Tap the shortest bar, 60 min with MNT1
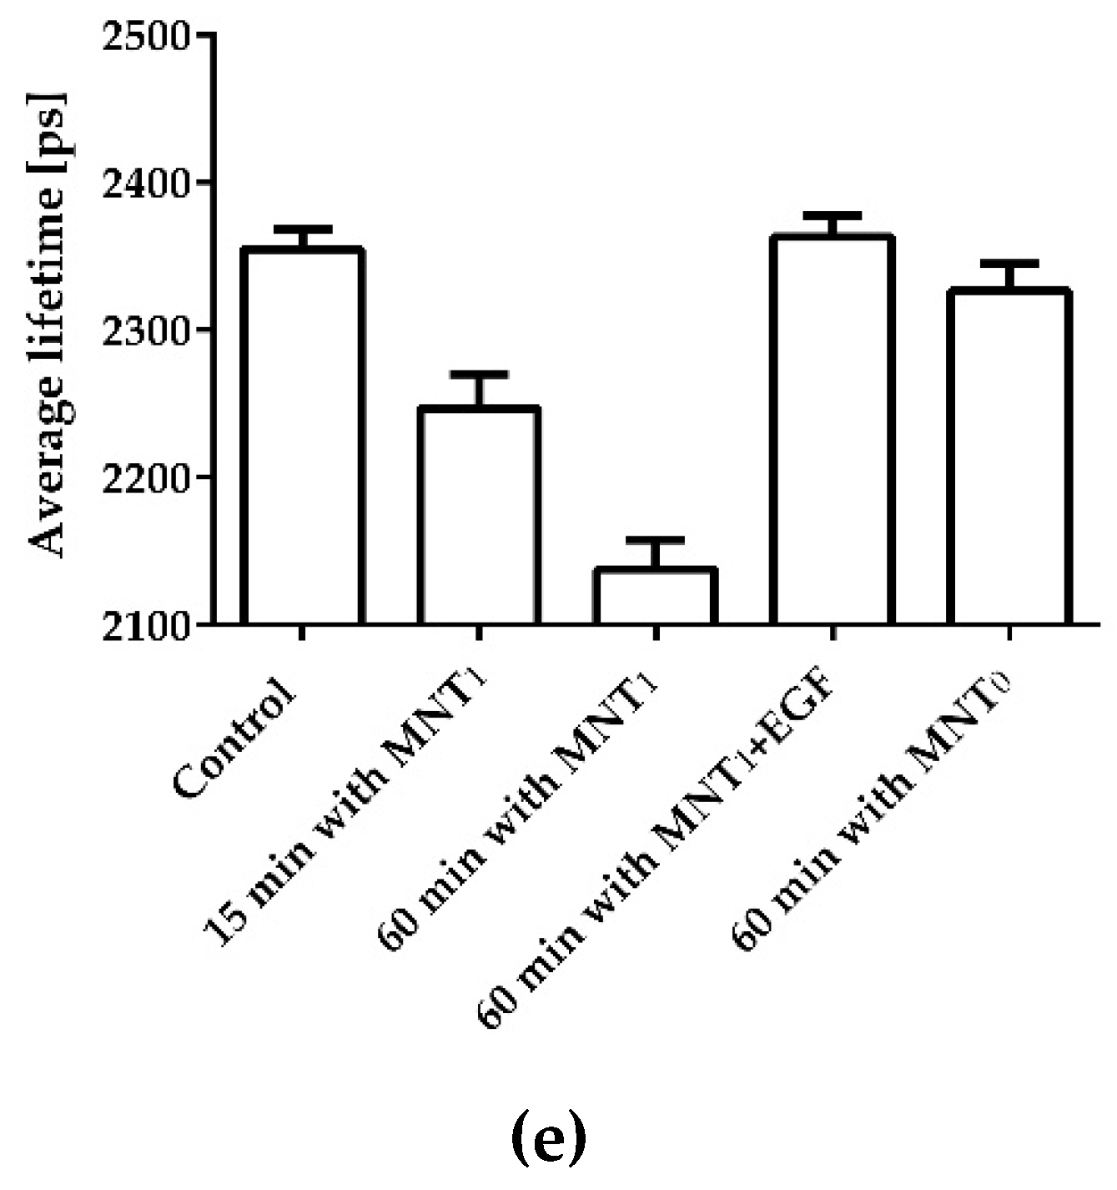pyautogui.click(x=656, y=596)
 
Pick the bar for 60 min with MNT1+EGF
pyautogui.click(x=833, y=431)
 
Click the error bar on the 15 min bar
pyautogui.click(x=479, y=388)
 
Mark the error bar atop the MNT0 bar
pyautogui.click(x=1009, y=275)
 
